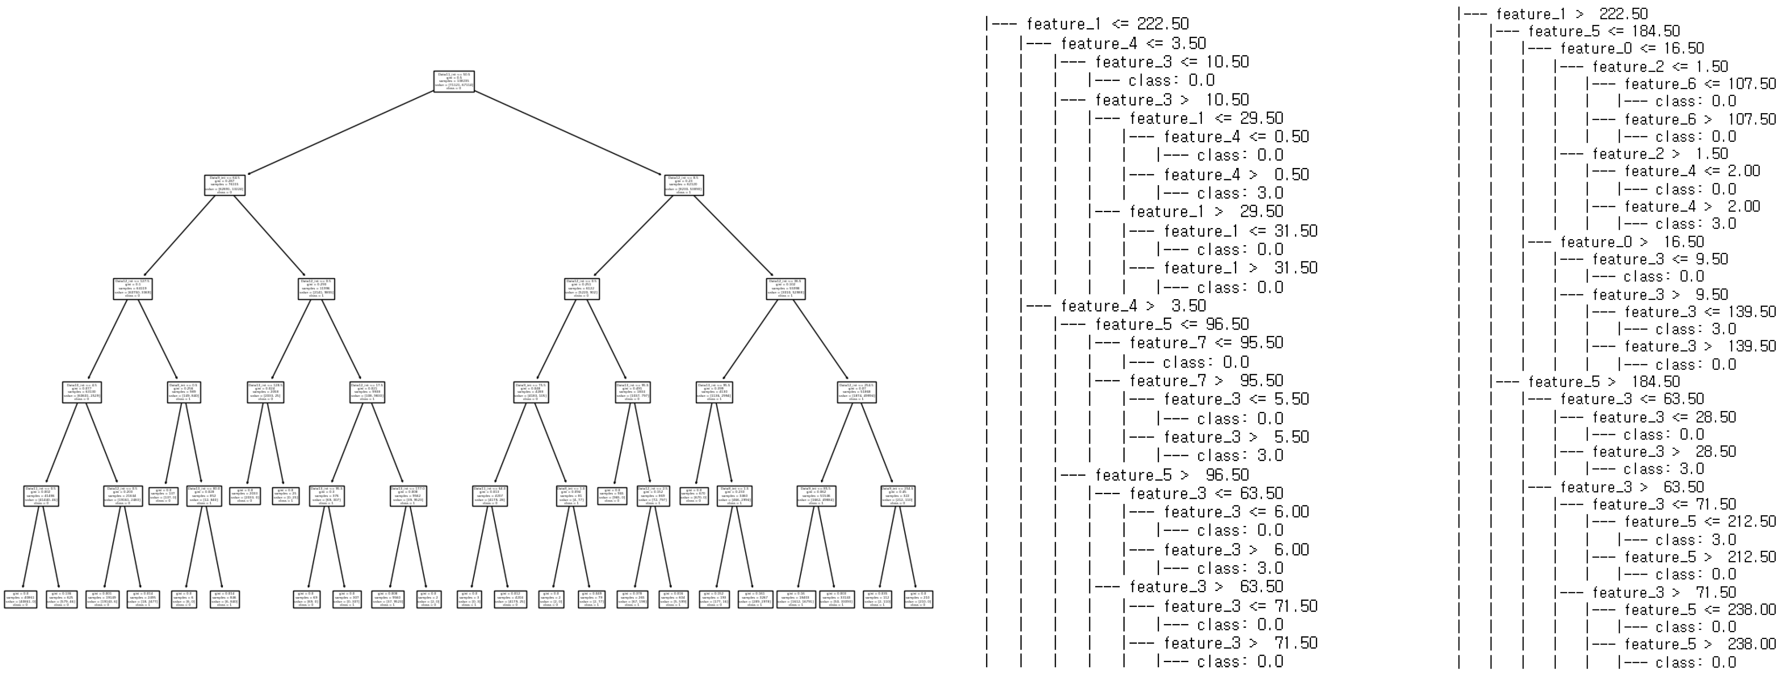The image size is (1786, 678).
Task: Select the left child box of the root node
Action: pos(225,185)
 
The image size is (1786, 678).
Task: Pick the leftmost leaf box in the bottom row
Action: pos(21,600)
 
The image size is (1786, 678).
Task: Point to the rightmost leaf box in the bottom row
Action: pos(918,600)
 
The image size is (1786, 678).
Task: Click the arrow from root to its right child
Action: pos(569,133)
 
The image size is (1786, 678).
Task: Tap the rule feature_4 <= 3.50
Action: pos(1133,43)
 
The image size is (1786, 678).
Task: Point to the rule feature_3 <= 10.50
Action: pos(1172,62)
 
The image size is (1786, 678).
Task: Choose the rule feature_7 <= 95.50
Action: pos(1206,342)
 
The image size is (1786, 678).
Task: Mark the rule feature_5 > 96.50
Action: pos(1172,475)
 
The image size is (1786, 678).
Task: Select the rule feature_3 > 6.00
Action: pos(1236,550)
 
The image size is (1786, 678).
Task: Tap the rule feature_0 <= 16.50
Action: pos(1631,48)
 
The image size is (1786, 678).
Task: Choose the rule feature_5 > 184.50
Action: pos(1603,382)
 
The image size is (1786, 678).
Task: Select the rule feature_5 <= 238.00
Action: pos(1700,609)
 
